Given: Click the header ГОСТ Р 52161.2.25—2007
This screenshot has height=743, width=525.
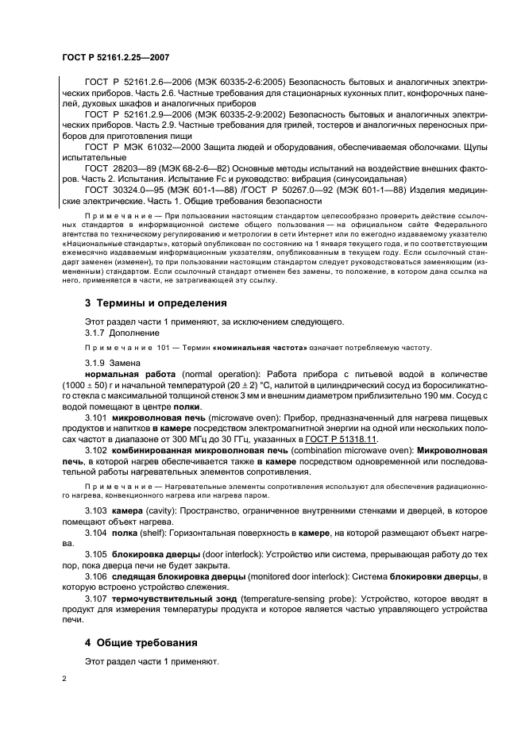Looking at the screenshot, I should pyautogui.click(x=115, y=58).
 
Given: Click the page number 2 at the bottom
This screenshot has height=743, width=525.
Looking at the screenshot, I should pyautogui.click(x=65, y=679).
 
